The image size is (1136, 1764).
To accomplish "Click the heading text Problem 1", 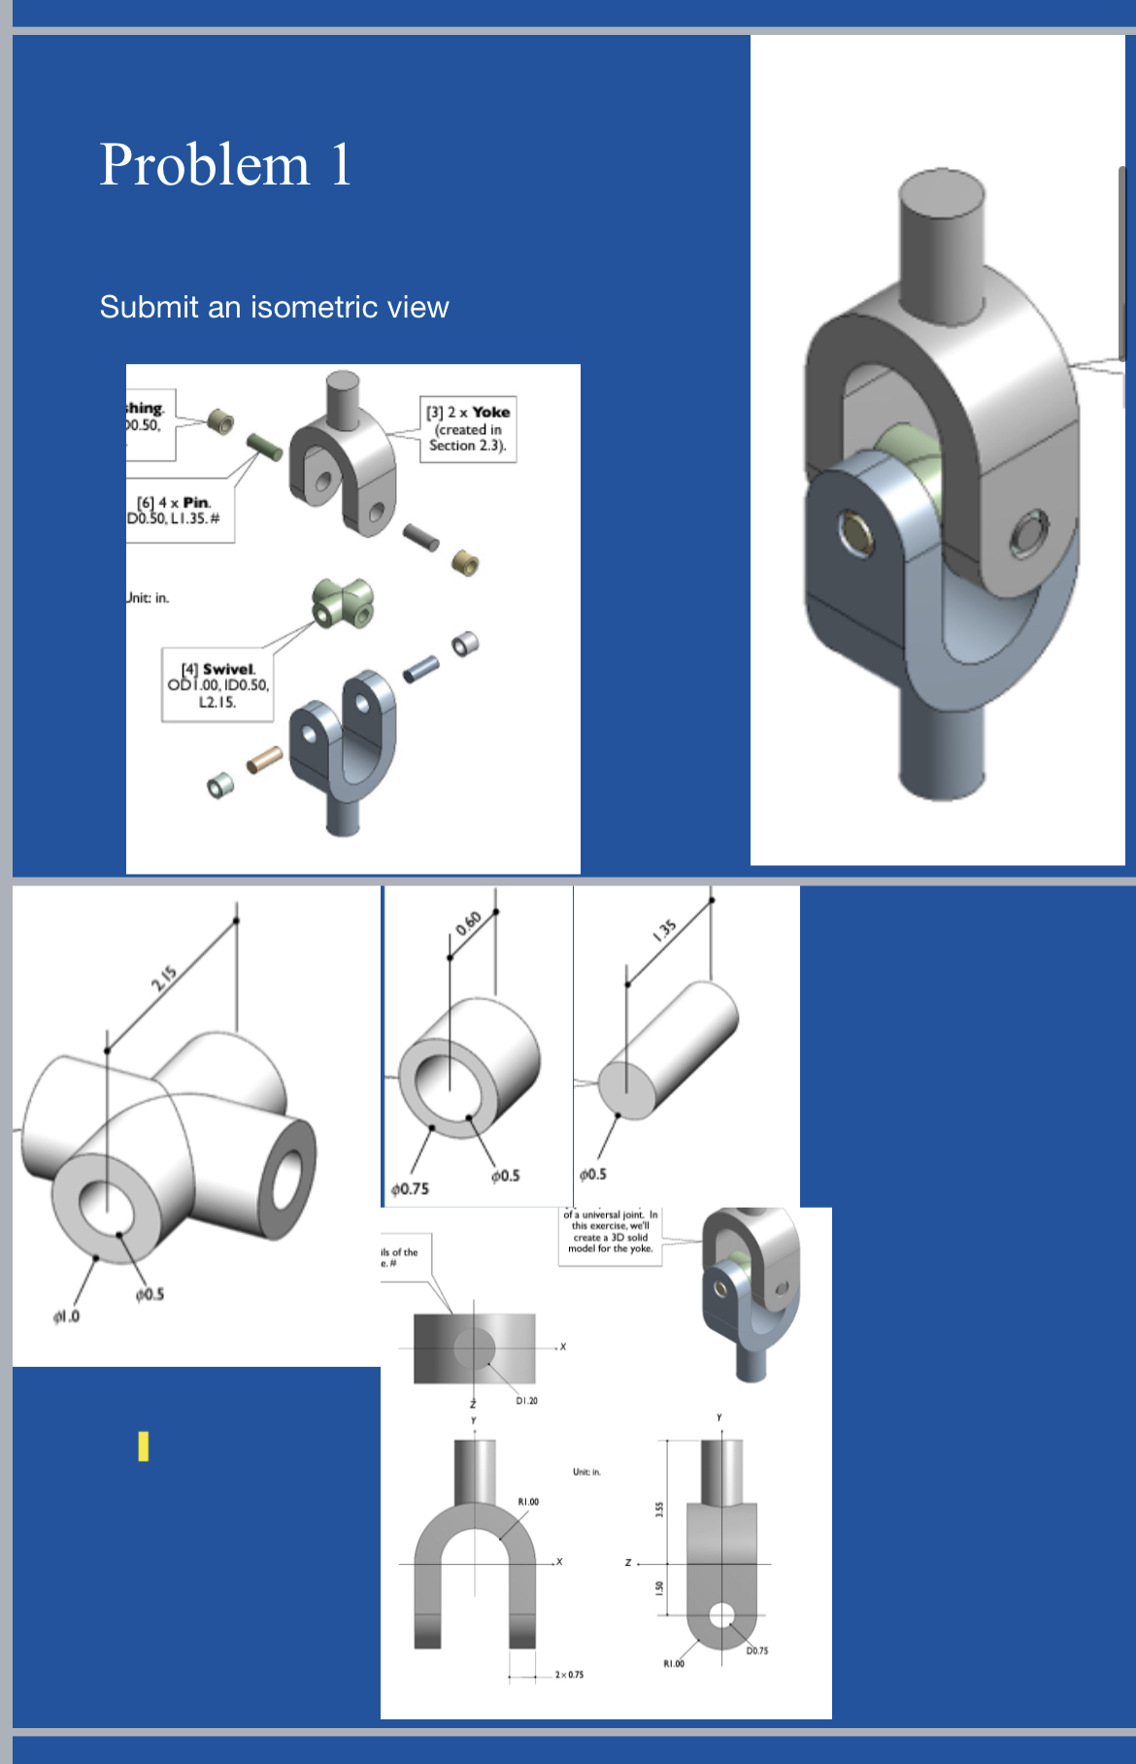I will coord(225,164).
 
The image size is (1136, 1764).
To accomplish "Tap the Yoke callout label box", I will coord(467,428).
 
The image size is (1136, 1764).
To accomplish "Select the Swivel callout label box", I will coord(217,684).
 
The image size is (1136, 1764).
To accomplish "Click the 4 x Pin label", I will coord(180,510).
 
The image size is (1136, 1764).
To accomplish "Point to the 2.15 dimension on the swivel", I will coord(163,978).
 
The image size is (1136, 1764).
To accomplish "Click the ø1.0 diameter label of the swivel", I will coord(66,1316).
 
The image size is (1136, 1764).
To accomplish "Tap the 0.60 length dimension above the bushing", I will coord(468,922).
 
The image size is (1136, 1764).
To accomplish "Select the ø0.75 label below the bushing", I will coord(410,1188).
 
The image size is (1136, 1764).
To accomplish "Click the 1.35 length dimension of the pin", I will coord(664,930).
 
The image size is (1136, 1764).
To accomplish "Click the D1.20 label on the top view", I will coord(526,1400).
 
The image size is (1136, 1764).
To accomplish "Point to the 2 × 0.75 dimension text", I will coord(569,1675).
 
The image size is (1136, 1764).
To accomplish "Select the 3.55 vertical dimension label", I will coord(659,1510).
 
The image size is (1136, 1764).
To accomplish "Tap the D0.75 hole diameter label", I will coord(756,1650).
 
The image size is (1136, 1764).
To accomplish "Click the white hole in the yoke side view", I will coord(721,1614).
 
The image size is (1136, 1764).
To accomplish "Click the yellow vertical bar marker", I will coord(144,1446).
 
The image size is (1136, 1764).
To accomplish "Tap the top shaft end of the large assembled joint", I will coord(943,193).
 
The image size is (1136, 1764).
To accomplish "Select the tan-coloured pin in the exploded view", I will coord(265,759).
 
